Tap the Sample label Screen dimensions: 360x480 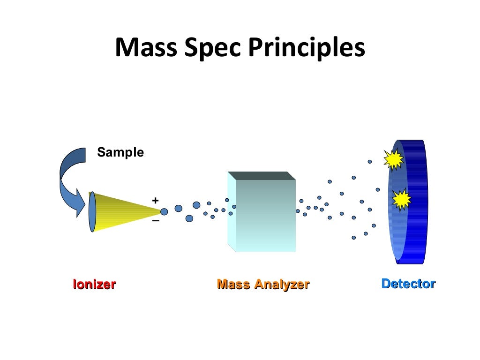tap(120, 152)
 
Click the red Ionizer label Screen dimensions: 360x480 tap(94, 284)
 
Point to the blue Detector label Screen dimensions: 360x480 tap(408, 284)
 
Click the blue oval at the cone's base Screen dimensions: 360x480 tap(92, 212)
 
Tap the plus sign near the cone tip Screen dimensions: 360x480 tap(155, 201)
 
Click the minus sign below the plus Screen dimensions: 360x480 tap(155, 221)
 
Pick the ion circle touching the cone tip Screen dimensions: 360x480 tap(164, 211)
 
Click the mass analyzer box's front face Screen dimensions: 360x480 tap(265, 216)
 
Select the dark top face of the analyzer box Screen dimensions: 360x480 tap(261, 175)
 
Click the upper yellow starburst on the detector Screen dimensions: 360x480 tap(393, 160)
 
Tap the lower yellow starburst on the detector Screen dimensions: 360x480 tap(401, 200)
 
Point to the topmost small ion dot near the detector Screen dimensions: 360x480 tap(369, 162)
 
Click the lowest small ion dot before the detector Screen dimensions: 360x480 tap(354, 238)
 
